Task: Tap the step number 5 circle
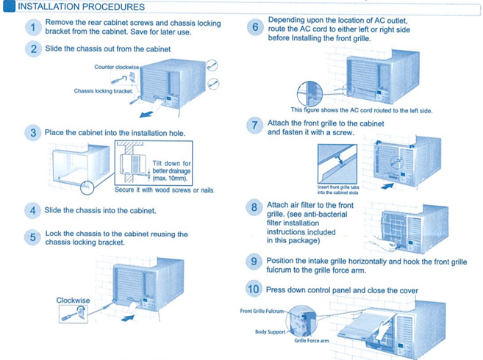tap(33, 237)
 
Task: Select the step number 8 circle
tap(254, 207)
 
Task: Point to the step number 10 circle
tap(254, 289)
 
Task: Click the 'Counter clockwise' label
tap(117, 67)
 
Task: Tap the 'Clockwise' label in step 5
tap(74, 300)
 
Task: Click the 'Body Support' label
tap(271, 332)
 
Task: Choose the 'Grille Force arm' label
tap(311, 342)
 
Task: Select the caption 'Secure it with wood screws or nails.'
tap(164, 190)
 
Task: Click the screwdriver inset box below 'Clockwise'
tap(73, 314)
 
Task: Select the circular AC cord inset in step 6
tap(310, 92)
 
